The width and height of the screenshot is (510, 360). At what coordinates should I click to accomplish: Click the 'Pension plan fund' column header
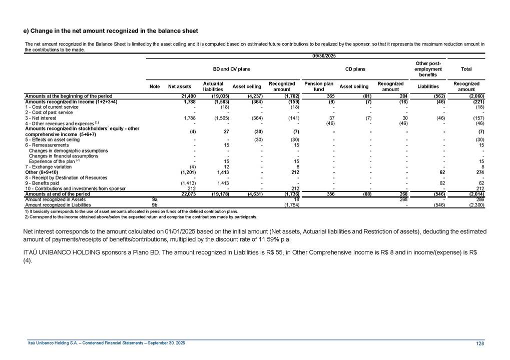pyautogui.click(x=319, y=86)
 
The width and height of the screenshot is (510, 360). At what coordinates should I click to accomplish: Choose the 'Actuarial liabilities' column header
pyautogui.click(x=213, y=86)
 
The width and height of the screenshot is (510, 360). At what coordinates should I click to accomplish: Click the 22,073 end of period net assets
pyautogui.click(x=184, y=193)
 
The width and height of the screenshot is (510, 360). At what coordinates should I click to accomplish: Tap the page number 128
pyautogui.click(x=481, y=342)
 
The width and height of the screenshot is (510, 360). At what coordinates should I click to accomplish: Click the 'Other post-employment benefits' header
pyautogui.click(x=428, y=68)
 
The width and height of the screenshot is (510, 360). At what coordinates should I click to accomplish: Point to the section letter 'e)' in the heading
pyautogui.click(x=28, y=31)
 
